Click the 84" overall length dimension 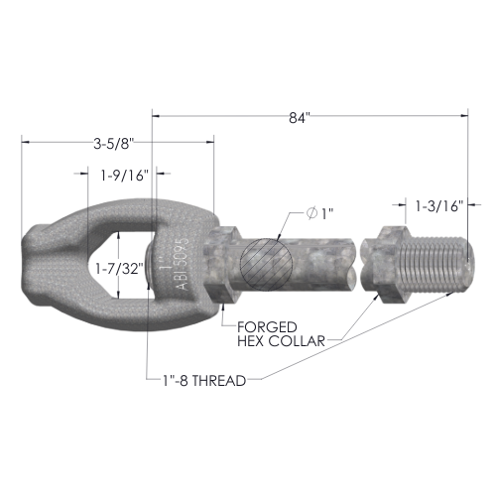click(300, 118)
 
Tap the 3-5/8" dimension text click(114, 144)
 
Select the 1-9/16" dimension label click(124, 176)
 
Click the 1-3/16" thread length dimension click(437, 206)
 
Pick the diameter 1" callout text click(319, 213)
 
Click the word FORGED click(267, 327)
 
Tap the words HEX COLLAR click(281, 341)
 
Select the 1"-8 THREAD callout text click(204, 381)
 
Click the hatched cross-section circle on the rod click(267, 265)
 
